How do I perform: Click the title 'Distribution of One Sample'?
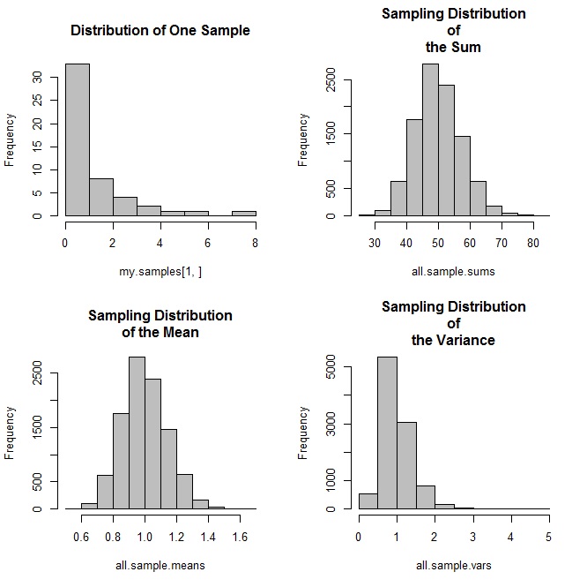(160, 31)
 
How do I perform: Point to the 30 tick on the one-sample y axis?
(50, 77)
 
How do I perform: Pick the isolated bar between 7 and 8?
(243, 213)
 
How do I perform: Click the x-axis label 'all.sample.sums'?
(453, 271)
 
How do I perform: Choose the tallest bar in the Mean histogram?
(137, 433)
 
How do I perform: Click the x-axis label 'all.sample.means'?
(160, 564)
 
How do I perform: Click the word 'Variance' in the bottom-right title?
(467, 340)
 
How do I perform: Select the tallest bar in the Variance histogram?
(387, 433)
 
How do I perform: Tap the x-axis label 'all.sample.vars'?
(453, 564)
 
